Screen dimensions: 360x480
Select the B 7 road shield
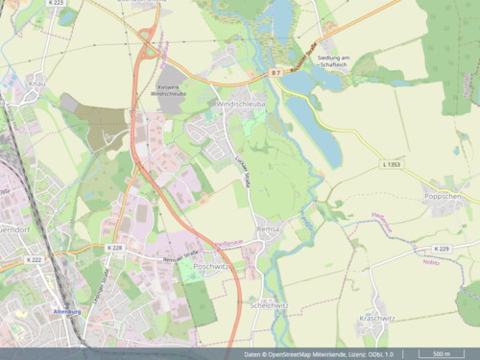[x=275, y=73]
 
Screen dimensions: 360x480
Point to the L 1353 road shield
[x=391, y=166]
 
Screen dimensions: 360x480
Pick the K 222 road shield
[x=35, y=259]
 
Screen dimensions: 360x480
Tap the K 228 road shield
[x=114, y=248]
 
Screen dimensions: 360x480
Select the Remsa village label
[x=267, y=229]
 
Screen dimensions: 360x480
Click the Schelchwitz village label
[x=269, y=304]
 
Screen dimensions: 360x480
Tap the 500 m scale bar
[x=443, y=353]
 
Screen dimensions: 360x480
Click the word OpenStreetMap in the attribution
[x=294, y=354]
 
